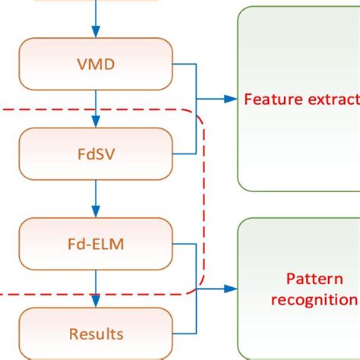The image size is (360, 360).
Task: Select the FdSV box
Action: pyautogui.click(x=95, y=153)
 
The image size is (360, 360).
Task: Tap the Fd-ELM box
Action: pyautogui.click(x=95, y=243)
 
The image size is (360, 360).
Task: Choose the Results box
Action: pyautogui.click(x=95, y=333)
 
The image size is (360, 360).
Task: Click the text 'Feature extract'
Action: pyautogui.click(x=301, y=99)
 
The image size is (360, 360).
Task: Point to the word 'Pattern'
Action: pyautogui.click(x=309, y=279)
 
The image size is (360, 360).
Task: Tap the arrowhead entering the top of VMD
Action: pyautogui.click(x=95, y=31)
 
